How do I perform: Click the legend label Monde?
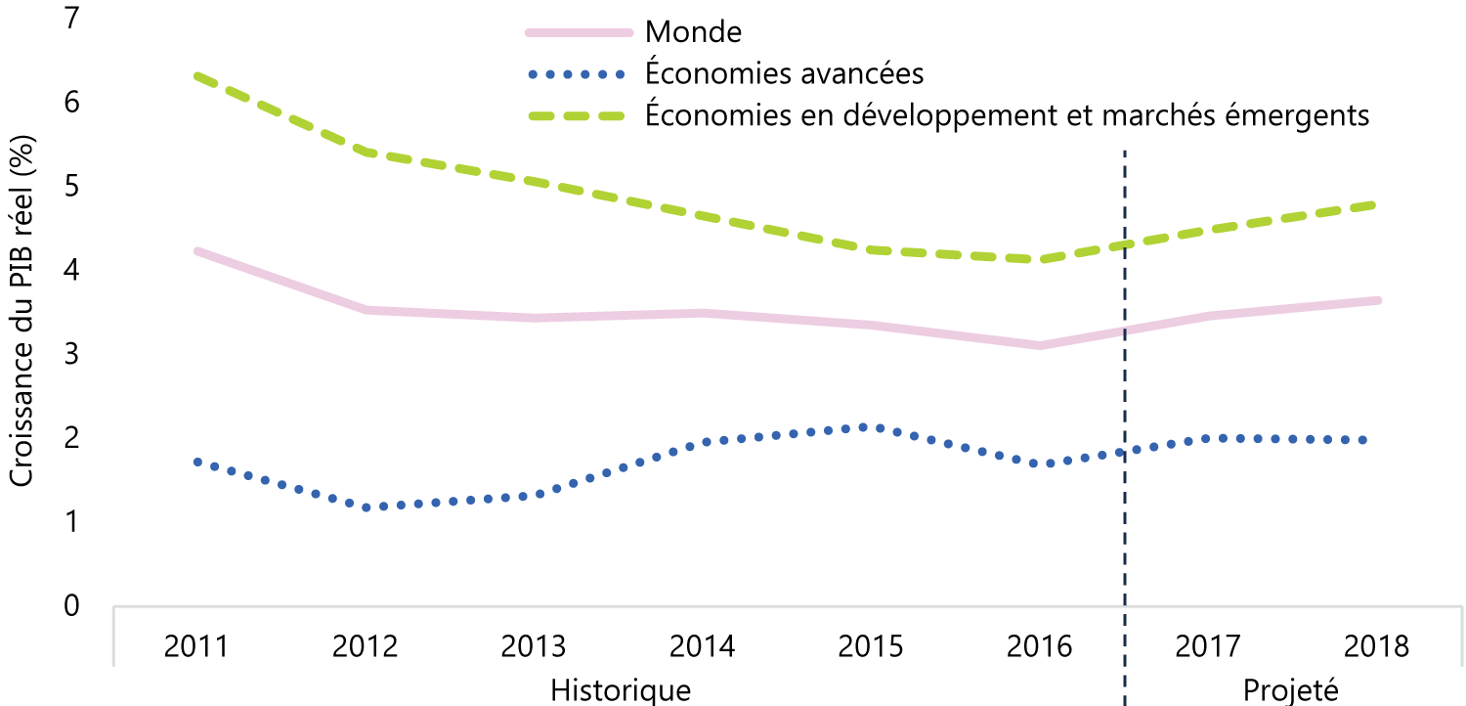coord(693,32)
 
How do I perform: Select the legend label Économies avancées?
coord(784,72)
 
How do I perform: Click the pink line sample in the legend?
coord(580,32)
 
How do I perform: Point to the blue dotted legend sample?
coord(577,74)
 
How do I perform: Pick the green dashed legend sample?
coord(577,116)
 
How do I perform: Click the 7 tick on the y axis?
coord(71,18)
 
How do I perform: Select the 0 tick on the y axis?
coord(71,606)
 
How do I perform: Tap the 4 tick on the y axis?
coord(71,269)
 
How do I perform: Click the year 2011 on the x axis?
coord(195,646)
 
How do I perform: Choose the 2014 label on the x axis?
coord(702,646)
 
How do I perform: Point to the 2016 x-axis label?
coord(1039,646)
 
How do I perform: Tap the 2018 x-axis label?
coord(1376,646)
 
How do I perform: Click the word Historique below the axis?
coord(621,690)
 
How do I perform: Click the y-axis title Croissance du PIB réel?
coord(22,311)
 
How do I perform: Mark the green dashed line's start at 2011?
coord(197,76)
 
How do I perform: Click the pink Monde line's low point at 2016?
coord(1039,345)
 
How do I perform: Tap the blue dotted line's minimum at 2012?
coord(366,507)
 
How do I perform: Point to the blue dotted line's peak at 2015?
coord(863,427)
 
